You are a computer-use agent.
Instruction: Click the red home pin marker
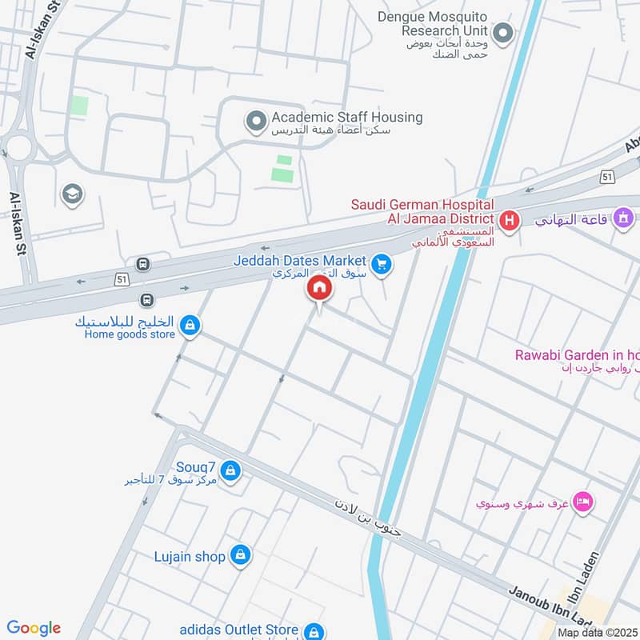318,289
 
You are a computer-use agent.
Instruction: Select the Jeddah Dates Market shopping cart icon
382,263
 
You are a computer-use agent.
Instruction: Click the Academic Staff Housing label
346,118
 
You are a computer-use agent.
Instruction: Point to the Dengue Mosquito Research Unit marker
502,33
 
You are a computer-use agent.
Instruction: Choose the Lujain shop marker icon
240,554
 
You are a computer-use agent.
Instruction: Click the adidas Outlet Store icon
314,631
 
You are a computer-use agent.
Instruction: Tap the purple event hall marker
622,217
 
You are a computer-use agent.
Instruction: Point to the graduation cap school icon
72,194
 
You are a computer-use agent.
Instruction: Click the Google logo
34,628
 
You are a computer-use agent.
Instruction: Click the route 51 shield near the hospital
608,176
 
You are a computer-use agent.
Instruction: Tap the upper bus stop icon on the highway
142,264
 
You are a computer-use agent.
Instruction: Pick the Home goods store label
129,334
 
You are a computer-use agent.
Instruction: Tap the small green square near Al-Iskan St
78,105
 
